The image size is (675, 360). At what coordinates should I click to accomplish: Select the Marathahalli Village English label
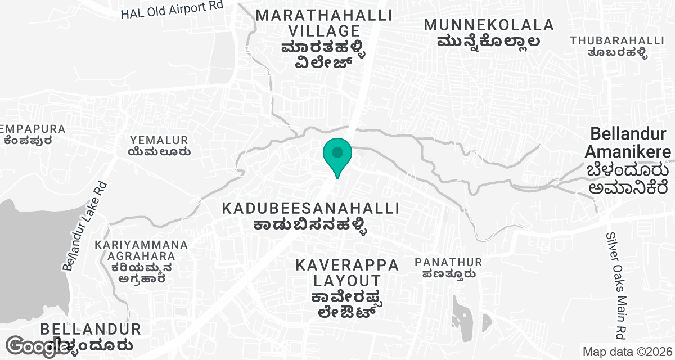click(x=308, y=23)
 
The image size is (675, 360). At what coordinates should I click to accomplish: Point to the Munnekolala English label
click(x=489, y=25)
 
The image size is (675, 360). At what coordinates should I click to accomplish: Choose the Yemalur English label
click(x=159, y=139)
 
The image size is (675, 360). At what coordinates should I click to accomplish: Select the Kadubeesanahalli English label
click(x=310, y=208)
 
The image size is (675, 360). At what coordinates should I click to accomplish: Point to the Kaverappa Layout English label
click(x=347, y=272)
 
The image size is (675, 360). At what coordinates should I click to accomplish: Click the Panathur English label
click(x=448, y=262)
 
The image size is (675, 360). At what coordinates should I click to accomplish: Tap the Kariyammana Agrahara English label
click(x=141, y=251)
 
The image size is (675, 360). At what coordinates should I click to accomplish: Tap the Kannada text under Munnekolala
click(x=489, y=41)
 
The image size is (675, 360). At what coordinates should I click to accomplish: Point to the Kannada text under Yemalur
click(x=159, y=151)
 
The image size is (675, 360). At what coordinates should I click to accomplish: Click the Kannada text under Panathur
click(x=448, y=274)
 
